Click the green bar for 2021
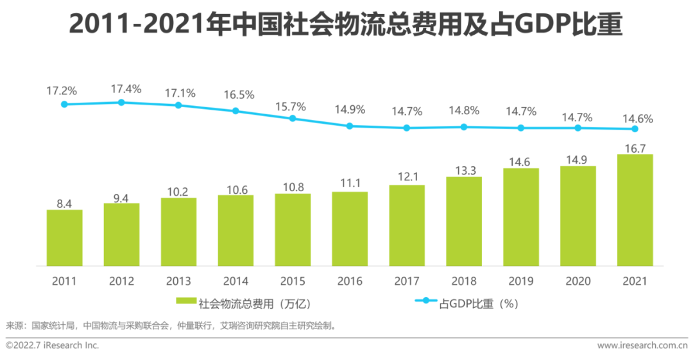(x=635, y=210)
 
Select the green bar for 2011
(x=64, y=237)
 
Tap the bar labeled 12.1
(x=407, y=225)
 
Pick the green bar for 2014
(x=235, y=230)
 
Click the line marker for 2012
(x=121, y=103)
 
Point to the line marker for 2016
(x=350, y=126)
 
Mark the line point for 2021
(x=635, y=129)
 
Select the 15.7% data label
(x=293, y=105)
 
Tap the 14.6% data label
(x=635, y=118)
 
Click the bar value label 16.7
(x=635, y=149)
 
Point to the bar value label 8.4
(x=64, y=204)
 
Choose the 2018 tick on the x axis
(x=464, y=281)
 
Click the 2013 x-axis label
(x=178, y=281)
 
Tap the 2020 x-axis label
(x=577, y=281)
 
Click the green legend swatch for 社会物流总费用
(x=186, y=301)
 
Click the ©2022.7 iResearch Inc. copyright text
(x=53, y=345)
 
